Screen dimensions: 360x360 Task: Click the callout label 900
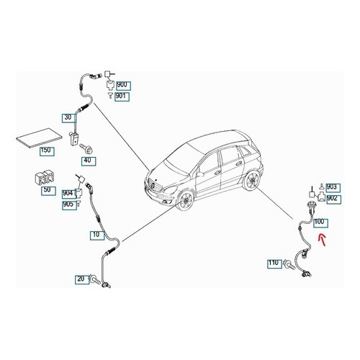pos(123,86)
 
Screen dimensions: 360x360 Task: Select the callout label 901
pos(122,96)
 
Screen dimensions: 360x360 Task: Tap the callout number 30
pos(69,118)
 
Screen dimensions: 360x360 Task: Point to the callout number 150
pos(47,151)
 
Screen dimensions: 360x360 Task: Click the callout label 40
pos(89,161)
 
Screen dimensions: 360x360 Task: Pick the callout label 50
pos(48,191)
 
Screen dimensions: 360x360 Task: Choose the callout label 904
pos(69,194)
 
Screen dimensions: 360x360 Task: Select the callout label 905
pos(69,205)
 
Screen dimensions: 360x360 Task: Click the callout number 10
pos(97,235)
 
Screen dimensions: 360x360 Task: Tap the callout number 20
pos(82,279)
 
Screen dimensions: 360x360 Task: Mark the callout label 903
pos(333,188)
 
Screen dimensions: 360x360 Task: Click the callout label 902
pos(333,199)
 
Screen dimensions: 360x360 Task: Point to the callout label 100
pos(320,222)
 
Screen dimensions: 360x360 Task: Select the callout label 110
pos(275,264)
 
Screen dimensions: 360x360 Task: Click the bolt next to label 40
pos(87,148)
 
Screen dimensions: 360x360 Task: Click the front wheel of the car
pos(186,200)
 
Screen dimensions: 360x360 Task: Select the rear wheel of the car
pos(251,180)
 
